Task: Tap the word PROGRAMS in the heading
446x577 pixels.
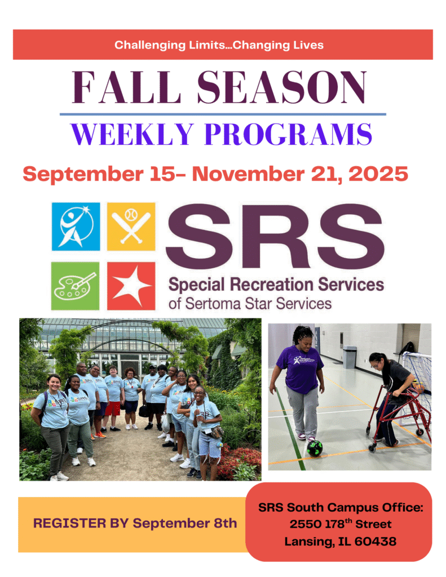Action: point(288,134)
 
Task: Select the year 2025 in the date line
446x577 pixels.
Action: point(378,174)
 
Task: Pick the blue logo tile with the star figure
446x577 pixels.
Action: point(76,227)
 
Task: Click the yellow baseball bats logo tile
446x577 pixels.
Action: point(131,227)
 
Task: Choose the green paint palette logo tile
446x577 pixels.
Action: point(75,286)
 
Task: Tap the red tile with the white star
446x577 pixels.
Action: point(131,286)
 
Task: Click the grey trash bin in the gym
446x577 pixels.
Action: point(350,357)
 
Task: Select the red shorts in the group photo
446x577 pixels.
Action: point(113,409)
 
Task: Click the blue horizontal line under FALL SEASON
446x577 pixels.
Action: point(223,114)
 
